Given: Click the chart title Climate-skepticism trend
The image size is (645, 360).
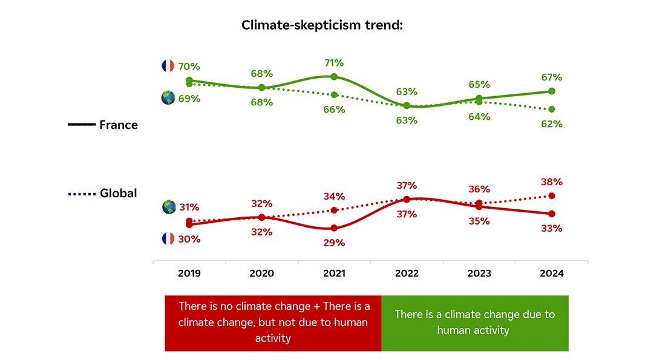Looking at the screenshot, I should (322, 25).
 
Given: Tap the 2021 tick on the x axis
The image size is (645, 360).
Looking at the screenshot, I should (334, 273).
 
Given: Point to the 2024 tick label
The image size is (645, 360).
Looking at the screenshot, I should (552, 273).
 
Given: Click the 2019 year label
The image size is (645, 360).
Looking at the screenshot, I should (189, 273).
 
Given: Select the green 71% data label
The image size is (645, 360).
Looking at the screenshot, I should (334, 63).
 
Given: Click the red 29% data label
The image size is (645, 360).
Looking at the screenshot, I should (334, 243).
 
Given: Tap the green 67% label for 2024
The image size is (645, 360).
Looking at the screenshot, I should (552, 77).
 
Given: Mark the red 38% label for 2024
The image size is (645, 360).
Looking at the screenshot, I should (552, 182).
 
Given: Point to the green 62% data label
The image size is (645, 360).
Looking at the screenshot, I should (552, 124).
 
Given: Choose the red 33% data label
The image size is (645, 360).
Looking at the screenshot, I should (552, 229).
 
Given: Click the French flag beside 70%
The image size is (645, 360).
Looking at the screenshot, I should (168, 66).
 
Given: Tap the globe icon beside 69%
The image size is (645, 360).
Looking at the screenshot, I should (168, 98).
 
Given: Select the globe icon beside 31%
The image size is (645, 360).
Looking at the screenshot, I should (169, 207).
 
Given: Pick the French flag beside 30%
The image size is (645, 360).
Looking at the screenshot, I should (168, 238).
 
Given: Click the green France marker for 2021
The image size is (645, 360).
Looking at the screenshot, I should (334, 77).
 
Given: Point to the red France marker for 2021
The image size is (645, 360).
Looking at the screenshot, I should (334, 228).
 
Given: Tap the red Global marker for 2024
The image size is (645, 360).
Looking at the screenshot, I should (552, 195).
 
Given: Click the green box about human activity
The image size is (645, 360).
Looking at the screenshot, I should (474, 322).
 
